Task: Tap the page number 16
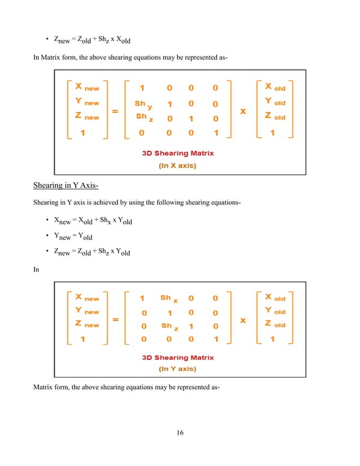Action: click(x=180, y=433)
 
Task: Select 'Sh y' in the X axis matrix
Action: click(x=143, y=104)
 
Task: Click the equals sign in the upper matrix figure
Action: click(x=115, y=111)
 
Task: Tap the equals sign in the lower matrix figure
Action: click(x=115, y=319)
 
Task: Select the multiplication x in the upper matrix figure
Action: click(x=243, y=111)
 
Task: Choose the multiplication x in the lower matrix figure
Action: click(x=243, y=319)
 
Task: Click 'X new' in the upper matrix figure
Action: click(x=82, y=88)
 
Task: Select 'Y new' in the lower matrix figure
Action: click(x=82, y=311)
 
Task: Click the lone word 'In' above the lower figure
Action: click(x=36, y=270)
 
